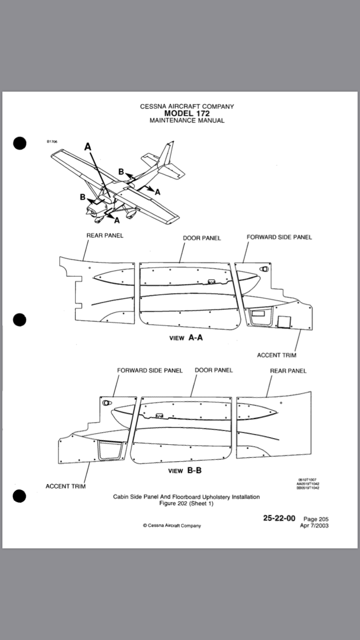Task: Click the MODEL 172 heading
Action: click(x=187, y=114)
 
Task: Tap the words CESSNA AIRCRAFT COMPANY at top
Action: click(x=187, y=107)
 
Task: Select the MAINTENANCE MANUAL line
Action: click(x=187, y=120)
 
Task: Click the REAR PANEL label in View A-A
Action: click(x=105, y=236)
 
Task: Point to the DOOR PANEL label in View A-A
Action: click(x=202, y=238)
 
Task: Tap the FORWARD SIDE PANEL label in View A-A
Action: click(x=279, y=237)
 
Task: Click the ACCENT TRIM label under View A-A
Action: click(x=276, y=355)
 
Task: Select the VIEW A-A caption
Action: click(x=186, y=338)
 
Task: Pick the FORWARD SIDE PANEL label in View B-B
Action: click(x=150, y=370)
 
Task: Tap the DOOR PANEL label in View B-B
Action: click(x=214, y=370)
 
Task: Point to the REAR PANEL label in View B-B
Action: click(x=288, y=371)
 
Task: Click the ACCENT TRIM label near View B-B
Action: click(x=66, y=486)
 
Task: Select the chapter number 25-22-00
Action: click(x=279, y=518)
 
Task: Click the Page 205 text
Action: click(x=316, y=519)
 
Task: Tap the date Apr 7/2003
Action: click(x=314, y=525)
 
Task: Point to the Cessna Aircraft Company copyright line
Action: click(x=172, y=525)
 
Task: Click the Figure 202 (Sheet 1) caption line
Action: click(x=186, y=503)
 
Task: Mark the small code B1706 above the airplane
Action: click(x=52, y=142)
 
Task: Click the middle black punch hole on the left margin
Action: click(x=19, y=320)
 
